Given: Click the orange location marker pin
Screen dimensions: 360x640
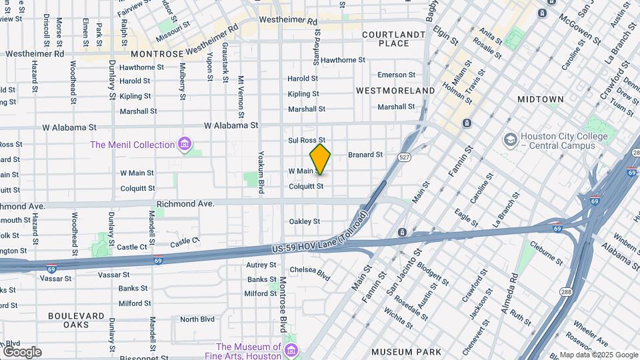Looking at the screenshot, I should (x=320, y=159).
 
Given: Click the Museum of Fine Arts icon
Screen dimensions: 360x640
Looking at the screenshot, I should (x=291, y=351).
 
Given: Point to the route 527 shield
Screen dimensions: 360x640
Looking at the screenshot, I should (x=404, y=157).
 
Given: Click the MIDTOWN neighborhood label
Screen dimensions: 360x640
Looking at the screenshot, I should (x=540, y=99).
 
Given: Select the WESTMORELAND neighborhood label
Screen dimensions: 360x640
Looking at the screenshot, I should (x=395, y=90).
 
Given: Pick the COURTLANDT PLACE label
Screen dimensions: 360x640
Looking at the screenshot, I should (x=393, y=39).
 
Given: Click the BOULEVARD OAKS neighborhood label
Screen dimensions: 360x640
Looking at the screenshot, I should (x=76, y=320).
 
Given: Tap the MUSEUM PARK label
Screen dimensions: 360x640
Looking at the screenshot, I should (x=406, y=352).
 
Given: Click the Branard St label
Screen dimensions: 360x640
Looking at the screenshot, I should (x=365, y=155).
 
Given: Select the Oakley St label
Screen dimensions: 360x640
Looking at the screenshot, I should (x=304, y=221).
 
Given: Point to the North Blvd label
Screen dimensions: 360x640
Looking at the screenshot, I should (x=197, y=319).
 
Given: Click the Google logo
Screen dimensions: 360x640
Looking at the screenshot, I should (x=22, y=352).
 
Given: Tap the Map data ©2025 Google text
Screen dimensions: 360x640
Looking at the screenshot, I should (x=598, y=355).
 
